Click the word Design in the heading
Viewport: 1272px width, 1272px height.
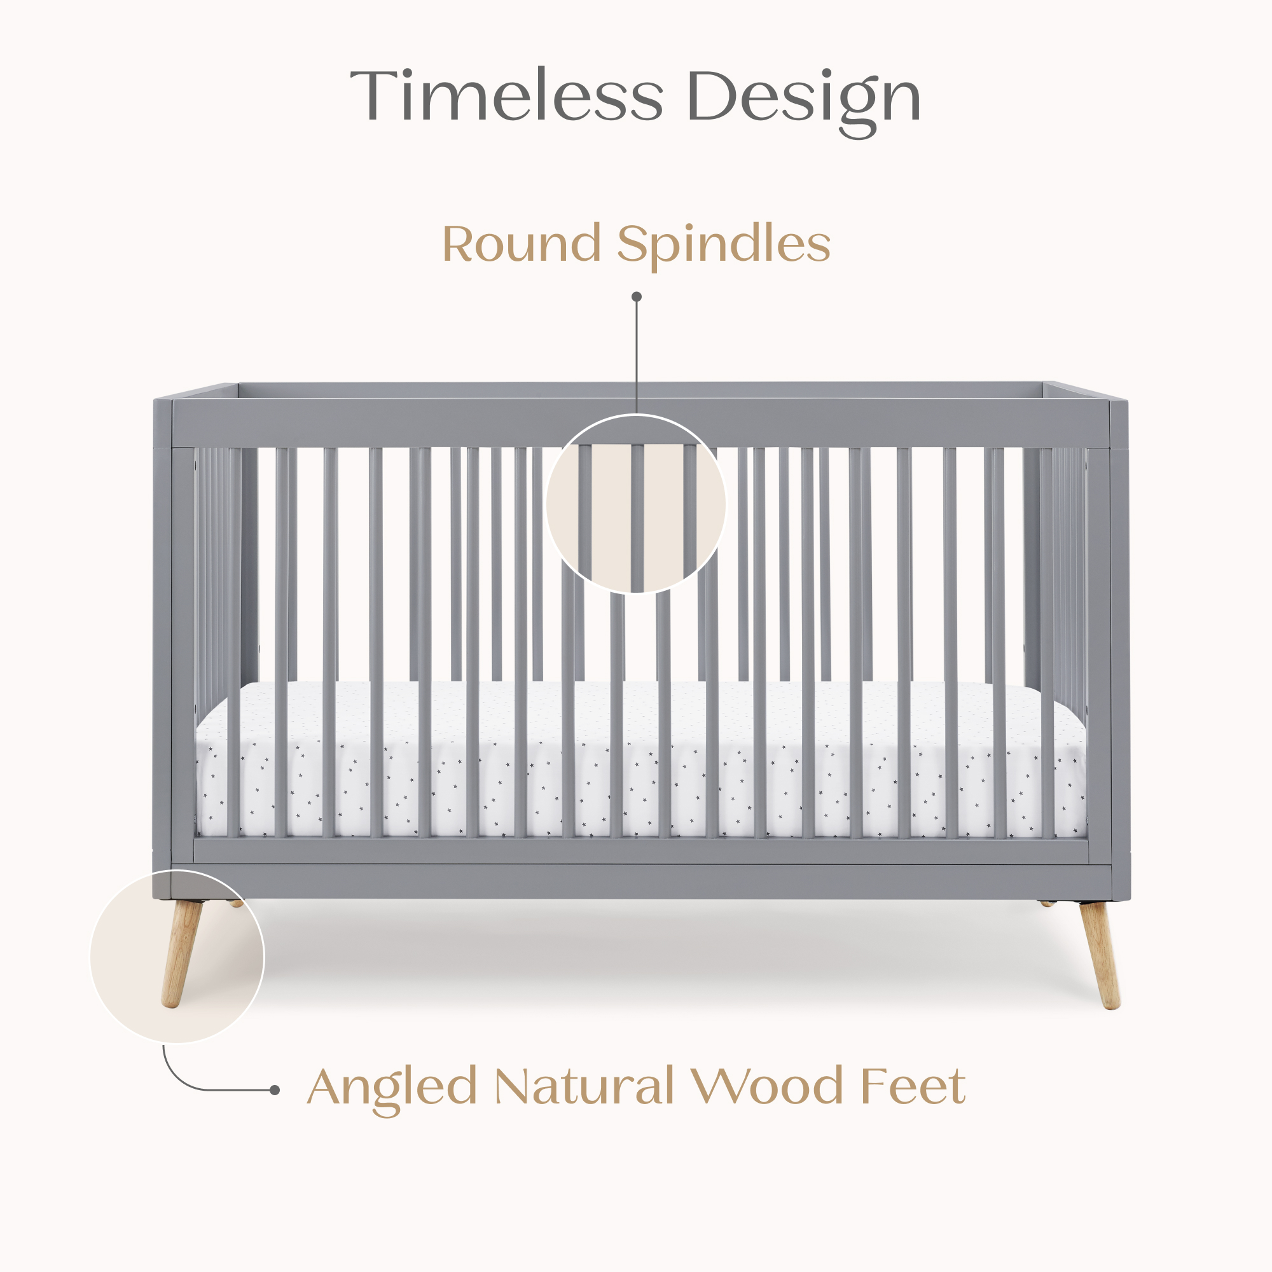tap(803, 102)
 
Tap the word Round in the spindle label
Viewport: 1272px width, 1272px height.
tap(522, 243)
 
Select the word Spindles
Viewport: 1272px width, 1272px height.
tap(724, 246)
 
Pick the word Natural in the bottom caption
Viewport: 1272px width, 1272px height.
tap(584, 1086)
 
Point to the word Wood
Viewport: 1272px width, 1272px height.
tap(766, 1086)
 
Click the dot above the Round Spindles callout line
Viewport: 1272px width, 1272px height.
tap(637, 297)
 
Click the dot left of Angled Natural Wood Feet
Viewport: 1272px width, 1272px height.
tap(275, 1090)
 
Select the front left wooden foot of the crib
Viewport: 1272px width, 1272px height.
tap(181, 954)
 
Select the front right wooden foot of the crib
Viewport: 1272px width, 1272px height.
tap(1100, 955)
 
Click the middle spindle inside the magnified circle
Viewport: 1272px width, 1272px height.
tap(637, 518)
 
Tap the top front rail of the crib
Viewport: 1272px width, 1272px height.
tap(642, 424)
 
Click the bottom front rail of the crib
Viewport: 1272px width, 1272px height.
tap(642, 880)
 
